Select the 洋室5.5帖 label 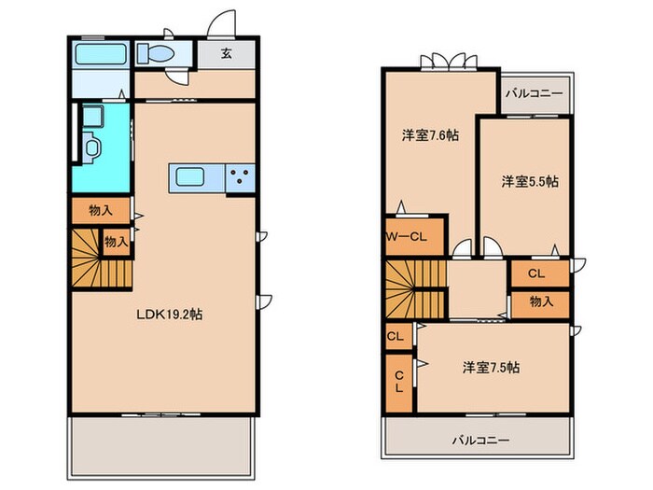(529, 181)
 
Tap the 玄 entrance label (227, 53)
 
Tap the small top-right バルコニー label (535, 94)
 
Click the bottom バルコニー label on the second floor (481, 439)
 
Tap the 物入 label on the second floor (540, 302)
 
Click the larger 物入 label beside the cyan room (102, 212)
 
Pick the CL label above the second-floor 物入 (536, 273)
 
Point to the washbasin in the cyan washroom (90, 146)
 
